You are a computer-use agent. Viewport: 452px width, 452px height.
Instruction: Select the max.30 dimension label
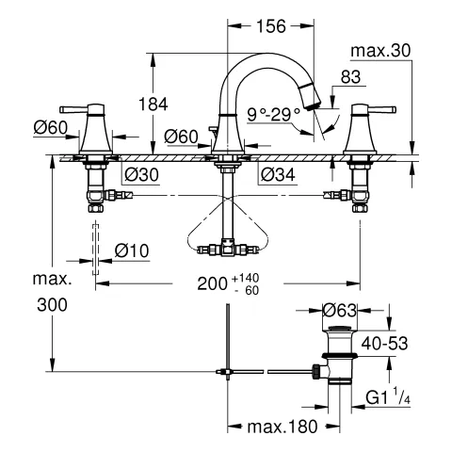381,50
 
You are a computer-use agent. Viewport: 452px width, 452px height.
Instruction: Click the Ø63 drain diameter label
340,309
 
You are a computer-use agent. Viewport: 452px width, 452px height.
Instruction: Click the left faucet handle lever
75,105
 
